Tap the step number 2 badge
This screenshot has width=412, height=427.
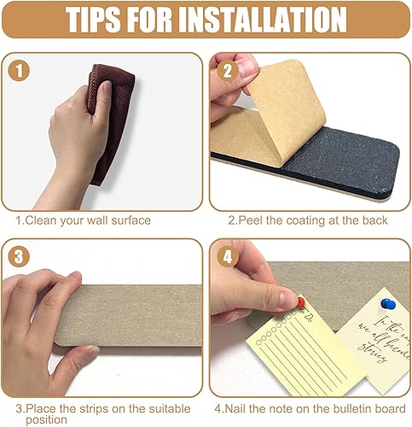228,72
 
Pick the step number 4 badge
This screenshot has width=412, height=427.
228,256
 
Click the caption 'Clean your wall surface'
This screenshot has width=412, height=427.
87,220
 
